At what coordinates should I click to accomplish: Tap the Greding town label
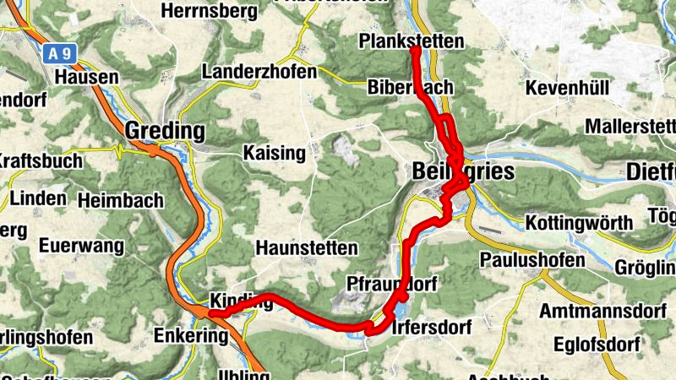[166, 131]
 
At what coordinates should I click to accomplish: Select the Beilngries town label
[463, 171]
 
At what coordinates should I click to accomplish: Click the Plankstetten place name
[412, 41]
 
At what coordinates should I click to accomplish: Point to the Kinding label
[240, 302]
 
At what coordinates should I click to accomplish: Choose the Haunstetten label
[307, 249]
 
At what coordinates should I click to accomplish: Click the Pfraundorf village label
[391, 284]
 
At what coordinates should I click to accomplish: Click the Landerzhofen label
[259, 72]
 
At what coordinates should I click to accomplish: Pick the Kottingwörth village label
[579, 223]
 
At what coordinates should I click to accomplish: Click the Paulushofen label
[532, 259]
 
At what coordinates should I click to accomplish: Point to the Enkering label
[191, 336]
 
